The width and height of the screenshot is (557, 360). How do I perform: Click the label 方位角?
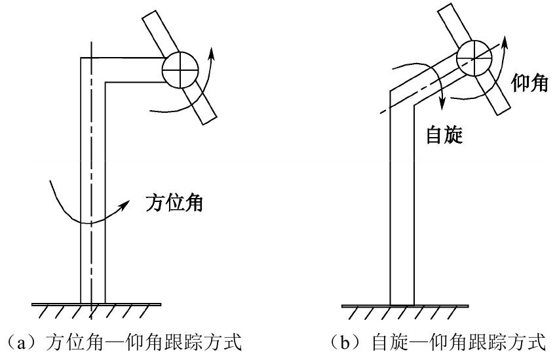(174, 203)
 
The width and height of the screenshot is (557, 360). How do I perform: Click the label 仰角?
(529, 83)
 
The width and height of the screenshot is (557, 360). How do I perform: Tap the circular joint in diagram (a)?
(180, 68)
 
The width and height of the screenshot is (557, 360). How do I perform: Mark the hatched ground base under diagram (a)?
(96, 310)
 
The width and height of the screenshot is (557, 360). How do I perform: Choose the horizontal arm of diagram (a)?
(131, 70)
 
